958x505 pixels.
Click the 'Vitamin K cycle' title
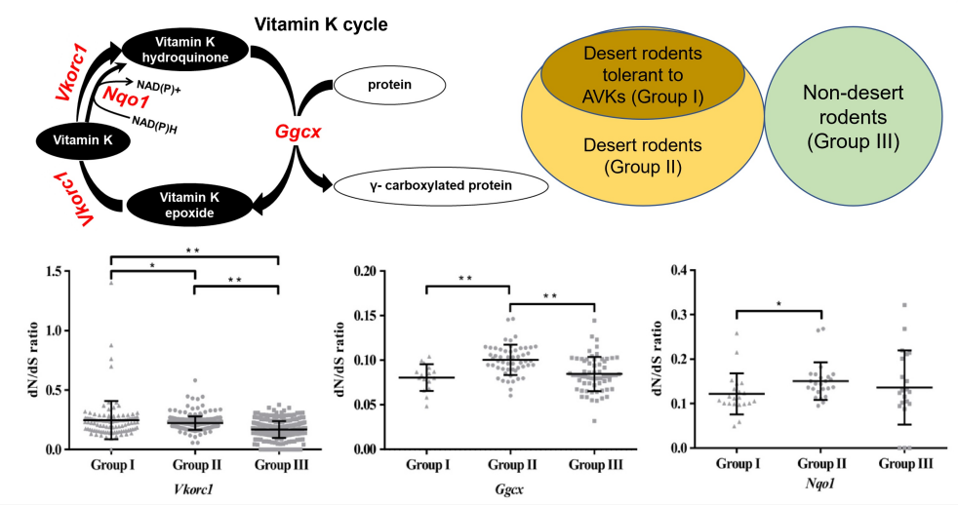point(321,24)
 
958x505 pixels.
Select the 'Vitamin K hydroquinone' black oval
point(184,50)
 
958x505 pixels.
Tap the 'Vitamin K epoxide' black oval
point(190,205)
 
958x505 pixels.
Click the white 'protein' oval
point(389,85)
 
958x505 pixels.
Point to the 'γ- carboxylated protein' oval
point(441,185)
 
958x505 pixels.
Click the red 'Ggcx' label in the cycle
point(298,132)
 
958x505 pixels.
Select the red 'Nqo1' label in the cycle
point(125,97)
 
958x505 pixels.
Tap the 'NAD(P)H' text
point(154,124)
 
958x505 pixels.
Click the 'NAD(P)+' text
point(159,87)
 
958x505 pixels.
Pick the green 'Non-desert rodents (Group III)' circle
point(853,116)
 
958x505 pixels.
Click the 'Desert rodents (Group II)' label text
point(643,156)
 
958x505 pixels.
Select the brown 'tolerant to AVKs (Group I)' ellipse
point(643,75)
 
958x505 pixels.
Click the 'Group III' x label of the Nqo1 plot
point(906,464)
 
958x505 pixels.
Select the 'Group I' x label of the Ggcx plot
point(427,465)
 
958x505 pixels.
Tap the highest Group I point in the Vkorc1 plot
point(111,282)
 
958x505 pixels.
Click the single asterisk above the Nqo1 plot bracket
point(778,303)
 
